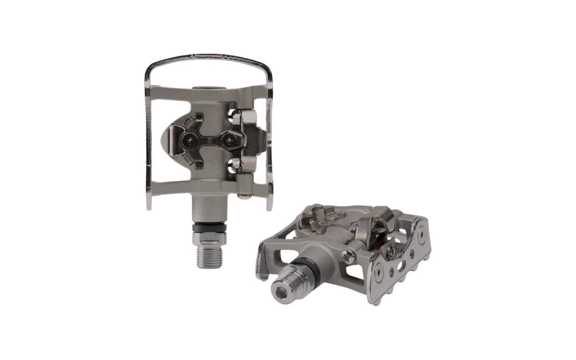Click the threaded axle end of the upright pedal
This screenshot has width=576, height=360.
click(209, 256)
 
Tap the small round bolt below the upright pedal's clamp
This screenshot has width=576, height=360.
click(244, 195)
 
